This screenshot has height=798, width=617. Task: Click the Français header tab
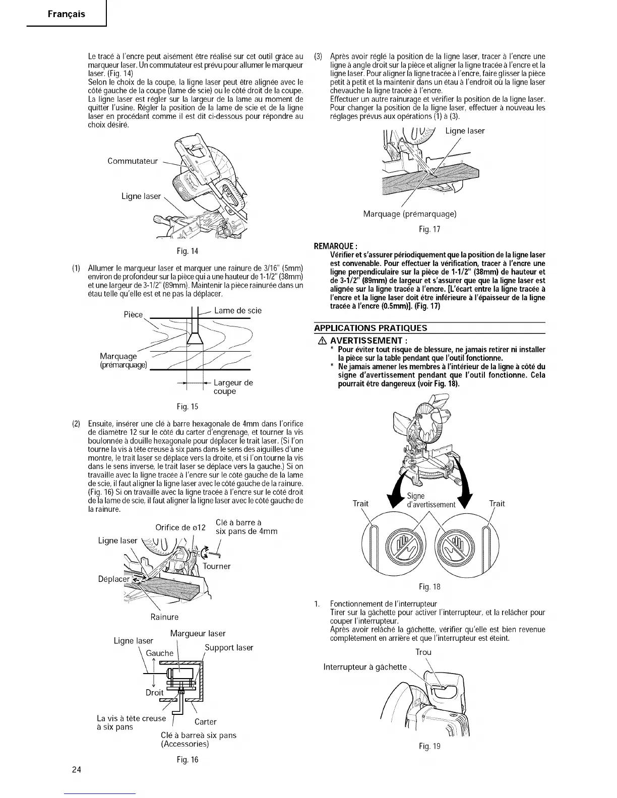(67, 14)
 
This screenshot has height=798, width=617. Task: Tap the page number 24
(77, 770)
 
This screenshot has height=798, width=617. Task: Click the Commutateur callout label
(133, 161)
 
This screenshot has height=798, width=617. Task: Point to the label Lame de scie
(237, 311)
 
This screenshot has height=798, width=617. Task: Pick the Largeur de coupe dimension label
(233, 387)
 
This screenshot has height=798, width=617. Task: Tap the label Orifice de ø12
(180, 527)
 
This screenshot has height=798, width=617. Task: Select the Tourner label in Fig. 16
(217, 566)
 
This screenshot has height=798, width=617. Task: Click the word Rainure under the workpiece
(164, 617)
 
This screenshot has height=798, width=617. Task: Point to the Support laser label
(229, 647)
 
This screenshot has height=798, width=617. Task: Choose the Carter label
(205, 721)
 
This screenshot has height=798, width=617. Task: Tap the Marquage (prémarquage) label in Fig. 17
(410, 214)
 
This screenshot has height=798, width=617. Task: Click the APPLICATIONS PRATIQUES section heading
(371, 328)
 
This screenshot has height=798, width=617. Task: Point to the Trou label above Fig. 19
(423, 652)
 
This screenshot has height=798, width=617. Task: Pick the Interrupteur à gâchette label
(365, 667)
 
